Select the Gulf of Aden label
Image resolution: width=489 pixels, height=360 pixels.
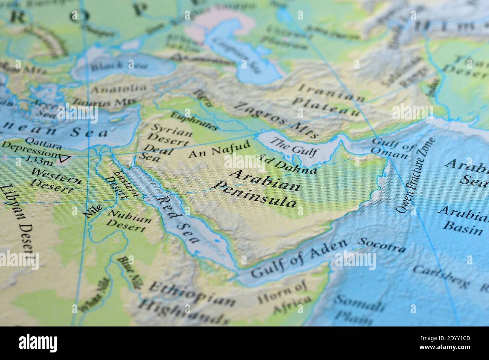pos(299,258)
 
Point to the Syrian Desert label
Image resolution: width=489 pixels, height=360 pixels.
pos(169,134)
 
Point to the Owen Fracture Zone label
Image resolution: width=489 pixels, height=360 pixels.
pos(415,175)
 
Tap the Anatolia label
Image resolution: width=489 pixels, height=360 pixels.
pos(119,89)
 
